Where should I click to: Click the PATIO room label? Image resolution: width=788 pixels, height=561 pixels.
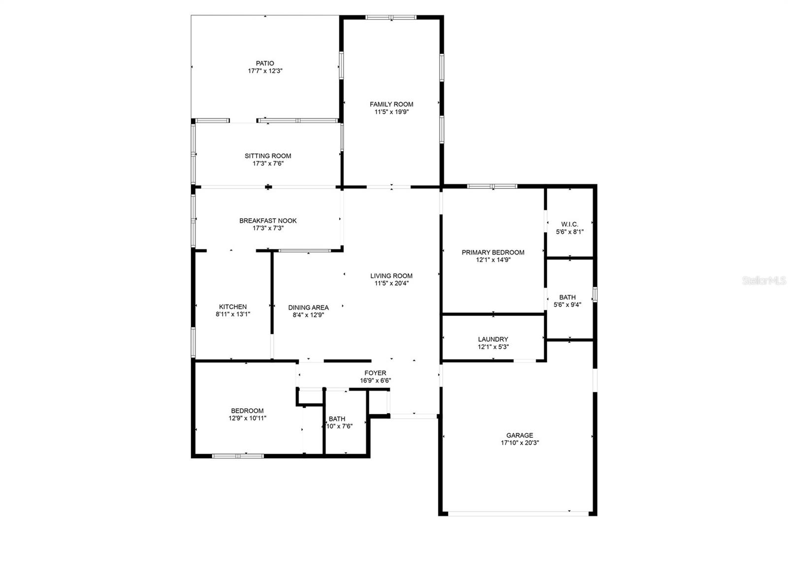click(265, 64)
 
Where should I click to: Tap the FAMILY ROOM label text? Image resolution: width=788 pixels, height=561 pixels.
click(392, 104)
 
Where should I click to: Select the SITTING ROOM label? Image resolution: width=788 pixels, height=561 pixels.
click(268, 156)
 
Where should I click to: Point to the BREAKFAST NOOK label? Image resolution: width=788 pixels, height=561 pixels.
click(268, 221)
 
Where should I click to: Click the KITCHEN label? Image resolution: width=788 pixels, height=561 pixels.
click(233, 307)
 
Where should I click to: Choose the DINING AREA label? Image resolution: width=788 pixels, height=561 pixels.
click(308, 308)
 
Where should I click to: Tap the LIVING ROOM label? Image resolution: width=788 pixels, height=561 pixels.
click(392, 276)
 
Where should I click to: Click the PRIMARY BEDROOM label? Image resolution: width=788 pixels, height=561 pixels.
click(493, 253)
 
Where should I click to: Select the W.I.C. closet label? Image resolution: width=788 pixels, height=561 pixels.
click(570, 225)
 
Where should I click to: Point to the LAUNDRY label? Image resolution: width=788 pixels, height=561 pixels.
click(493, 339)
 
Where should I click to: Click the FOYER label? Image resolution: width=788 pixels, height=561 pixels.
click(375, 373)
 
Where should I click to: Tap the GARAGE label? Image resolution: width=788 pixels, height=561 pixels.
click(520, 435)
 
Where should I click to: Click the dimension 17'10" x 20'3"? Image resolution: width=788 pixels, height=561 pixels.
click(520, 443)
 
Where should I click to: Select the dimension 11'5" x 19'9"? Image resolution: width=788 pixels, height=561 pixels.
click(392, 112)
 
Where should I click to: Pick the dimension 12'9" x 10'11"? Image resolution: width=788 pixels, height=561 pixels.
click(247, 418)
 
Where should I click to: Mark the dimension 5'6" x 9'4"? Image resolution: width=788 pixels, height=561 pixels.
click(567, 304)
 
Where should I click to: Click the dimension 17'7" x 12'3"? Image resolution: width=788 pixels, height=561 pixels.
click(265, 71)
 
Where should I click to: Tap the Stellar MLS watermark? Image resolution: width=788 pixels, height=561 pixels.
click(764, 281)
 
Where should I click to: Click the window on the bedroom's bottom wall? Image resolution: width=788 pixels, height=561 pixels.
click(238, 456)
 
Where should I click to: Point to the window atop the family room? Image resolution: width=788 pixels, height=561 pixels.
click(391, 18)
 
